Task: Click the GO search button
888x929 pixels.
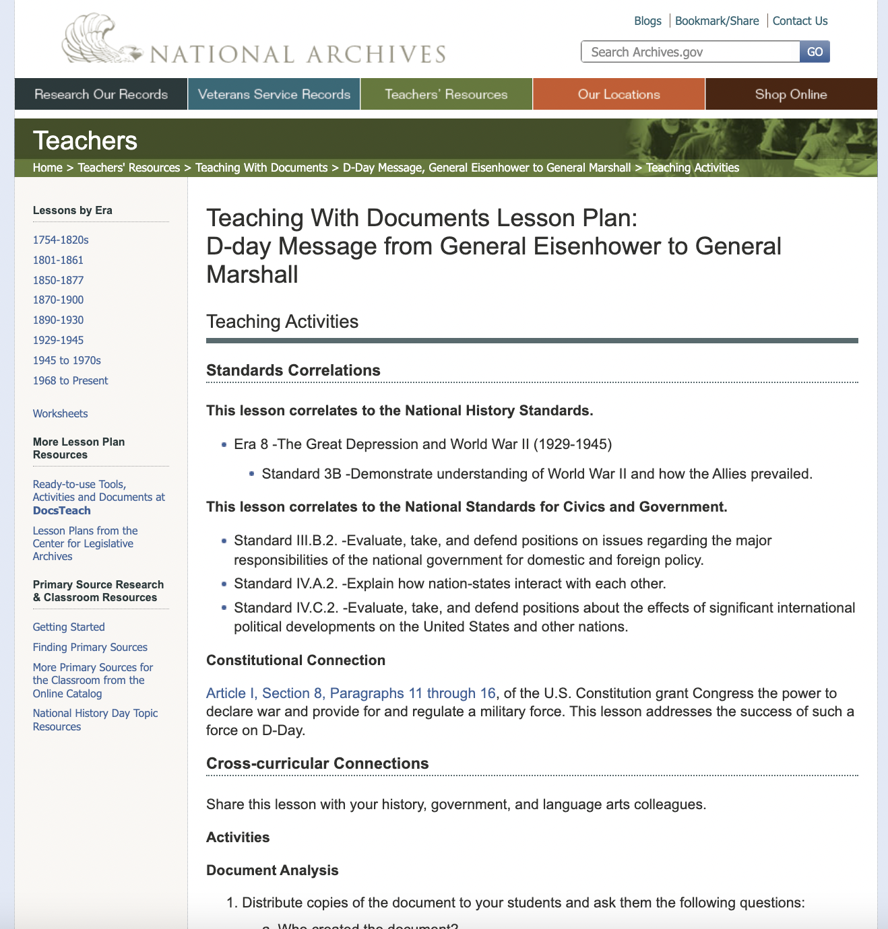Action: tap(815, 52)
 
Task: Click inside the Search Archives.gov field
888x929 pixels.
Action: tap(690, 52)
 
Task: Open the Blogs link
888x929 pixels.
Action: tap(647, 21)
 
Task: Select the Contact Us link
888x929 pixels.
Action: tap(800, 21)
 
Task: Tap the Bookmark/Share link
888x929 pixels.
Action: tap(717, 21)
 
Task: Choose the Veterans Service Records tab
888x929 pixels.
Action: tap(274, 94)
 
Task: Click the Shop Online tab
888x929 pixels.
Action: tap(791, 94)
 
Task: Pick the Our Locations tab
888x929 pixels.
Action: tap(619, 94)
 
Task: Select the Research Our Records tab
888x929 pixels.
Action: tap(101, 94)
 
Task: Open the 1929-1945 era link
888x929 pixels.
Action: tap(59, 340)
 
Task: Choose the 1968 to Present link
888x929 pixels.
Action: tap(70, 380)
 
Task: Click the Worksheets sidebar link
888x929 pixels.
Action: tap(60, 413)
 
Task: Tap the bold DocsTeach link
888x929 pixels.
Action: tap(62, 510)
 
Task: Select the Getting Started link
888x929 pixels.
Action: tap(69, 627)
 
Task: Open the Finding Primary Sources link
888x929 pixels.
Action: tap(90, 647)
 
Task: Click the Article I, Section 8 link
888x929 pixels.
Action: tap(351, 693)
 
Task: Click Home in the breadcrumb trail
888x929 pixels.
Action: tap(47, 168)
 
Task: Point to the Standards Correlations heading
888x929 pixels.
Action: tap(293, 370)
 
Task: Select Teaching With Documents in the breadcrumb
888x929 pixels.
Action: tap(261, 168)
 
